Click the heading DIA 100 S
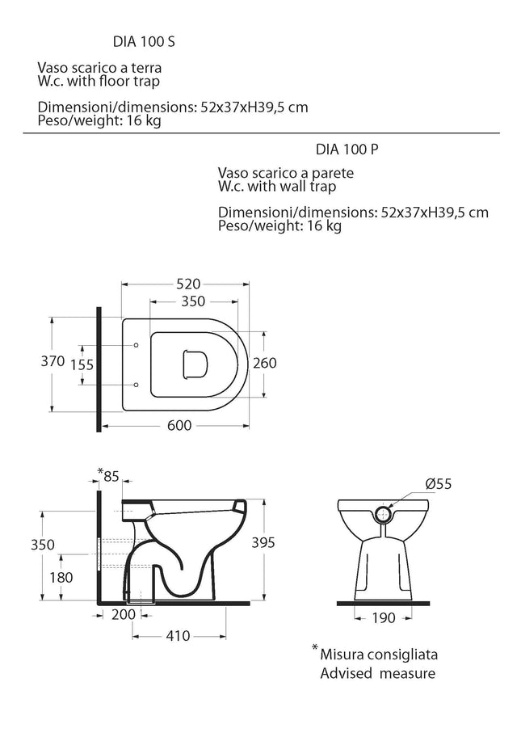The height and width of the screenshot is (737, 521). point(144,41)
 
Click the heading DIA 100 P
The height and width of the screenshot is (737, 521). point(347,149)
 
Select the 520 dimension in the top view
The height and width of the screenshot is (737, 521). point(188,284)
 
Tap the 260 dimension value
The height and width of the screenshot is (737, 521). point(265,363)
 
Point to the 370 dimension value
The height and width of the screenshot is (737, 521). point(53,361)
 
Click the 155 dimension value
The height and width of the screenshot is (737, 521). point(82,364)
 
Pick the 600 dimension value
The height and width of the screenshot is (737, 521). point(179,425)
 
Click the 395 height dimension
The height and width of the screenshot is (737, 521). point(263,542)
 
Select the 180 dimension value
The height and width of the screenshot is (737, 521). point(61,577)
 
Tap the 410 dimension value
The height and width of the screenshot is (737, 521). point(178,636)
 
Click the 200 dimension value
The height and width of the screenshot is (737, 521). point(124,614)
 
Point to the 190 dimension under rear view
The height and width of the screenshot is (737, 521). point(384,617)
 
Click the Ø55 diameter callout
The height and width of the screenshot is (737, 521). point(439,483)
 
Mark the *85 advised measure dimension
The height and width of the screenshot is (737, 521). point(108,475)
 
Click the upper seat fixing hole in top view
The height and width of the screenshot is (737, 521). point(137,346)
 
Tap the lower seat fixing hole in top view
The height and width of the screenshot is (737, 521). point(137,385)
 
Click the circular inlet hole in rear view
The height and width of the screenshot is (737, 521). point(384,514)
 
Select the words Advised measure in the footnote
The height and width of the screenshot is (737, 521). point(378,673)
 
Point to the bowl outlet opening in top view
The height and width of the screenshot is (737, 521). point(195,364)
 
